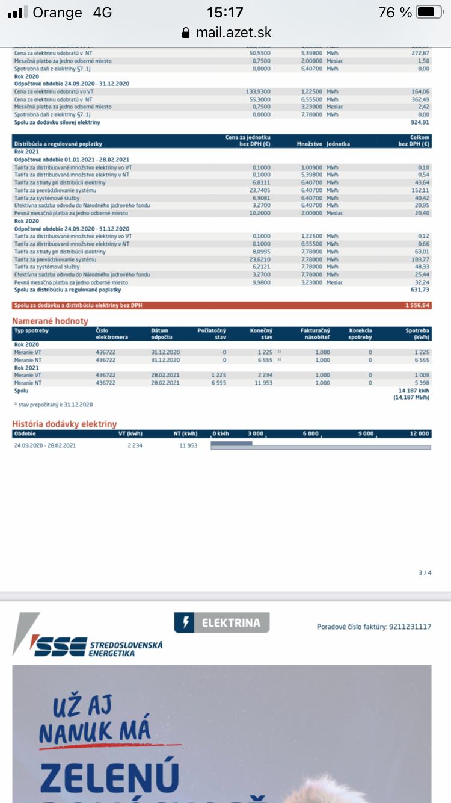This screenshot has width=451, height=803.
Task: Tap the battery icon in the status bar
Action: tap(429, 12)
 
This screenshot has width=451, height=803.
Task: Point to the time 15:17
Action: tap(225, 12)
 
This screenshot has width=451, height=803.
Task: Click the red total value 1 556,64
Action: tap(417, 306)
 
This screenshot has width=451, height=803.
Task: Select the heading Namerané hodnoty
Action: tap(51, 321)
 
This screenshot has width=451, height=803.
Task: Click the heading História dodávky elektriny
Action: tap(64, 424)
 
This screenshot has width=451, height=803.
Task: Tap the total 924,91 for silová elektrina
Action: tap(419, 122)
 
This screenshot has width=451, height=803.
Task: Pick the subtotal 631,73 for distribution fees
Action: tap(419, 290)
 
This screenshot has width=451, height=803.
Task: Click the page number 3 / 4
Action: tap(425, 572)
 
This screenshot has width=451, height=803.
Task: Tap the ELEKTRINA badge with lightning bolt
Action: tap(222, 623)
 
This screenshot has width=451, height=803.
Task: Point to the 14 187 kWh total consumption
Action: tap(415, 391)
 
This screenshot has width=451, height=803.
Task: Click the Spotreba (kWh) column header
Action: tap(417, 334)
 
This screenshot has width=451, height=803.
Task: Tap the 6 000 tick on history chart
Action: tap(310, 433)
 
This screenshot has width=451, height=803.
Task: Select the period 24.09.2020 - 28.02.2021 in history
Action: tap(45, 445)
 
